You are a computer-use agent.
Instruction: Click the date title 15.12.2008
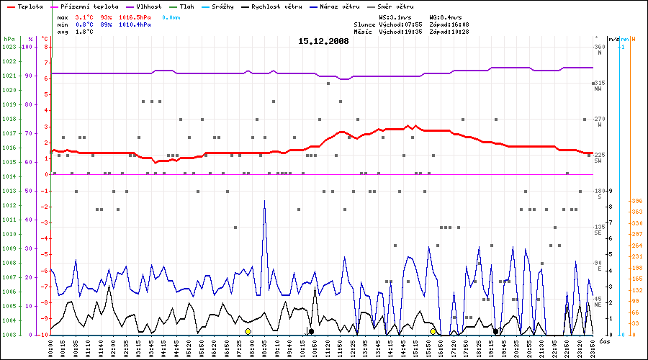pyautogui.click(x=323, y=41)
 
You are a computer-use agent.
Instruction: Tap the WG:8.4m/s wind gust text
pyautogui.click(x=445, y=17)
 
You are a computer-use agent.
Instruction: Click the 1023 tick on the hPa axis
pyautogui.click(x=9, y=47)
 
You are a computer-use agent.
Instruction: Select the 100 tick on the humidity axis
pyautogui.click(x=29, y=47)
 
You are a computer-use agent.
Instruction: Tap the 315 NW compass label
pyautogui.click(x=599, y=86)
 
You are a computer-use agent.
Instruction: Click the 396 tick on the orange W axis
pyautogui.click(x=636, y=201)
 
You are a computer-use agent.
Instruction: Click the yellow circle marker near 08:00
pyautogui.click(x=248, y=331)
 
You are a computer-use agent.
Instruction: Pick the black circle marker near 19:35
pyautogui.click(x=496, y=331)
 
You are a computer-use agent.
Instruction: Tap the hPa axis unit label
pyautogui.click(x=9, y=39)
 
